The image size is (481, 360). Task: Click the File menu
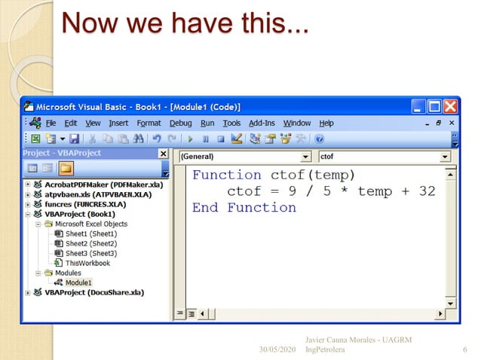click(x=51, y=123)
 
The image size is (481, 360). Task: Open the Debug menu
click(x=180, y=123)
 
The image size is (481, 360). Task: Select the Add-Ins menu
click(x=261, y=123)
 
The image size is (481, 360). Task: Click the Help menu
click(x=326, y=123)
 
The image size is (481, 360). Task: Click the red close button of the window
click(x=450, y=106)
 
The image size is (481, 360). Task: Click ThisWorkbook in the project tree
click(x=87, y=263)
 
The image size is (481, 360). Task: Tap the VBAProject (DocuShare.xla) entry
click(x=93, y=291)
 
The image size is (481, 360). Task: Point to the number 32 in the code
click(x=427, y=191)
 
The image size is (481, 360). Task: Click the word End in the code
click(x=204, y=208)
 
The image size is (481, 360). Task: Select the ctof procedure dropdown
click(x=384, y=157)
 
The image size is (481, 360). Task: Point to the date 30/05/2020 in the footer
click(x=277, y=351)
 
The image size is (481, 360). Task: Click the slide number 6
click(x=464, y=350)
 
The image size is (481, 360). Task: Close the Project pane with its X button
click(x=162, y=154)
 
